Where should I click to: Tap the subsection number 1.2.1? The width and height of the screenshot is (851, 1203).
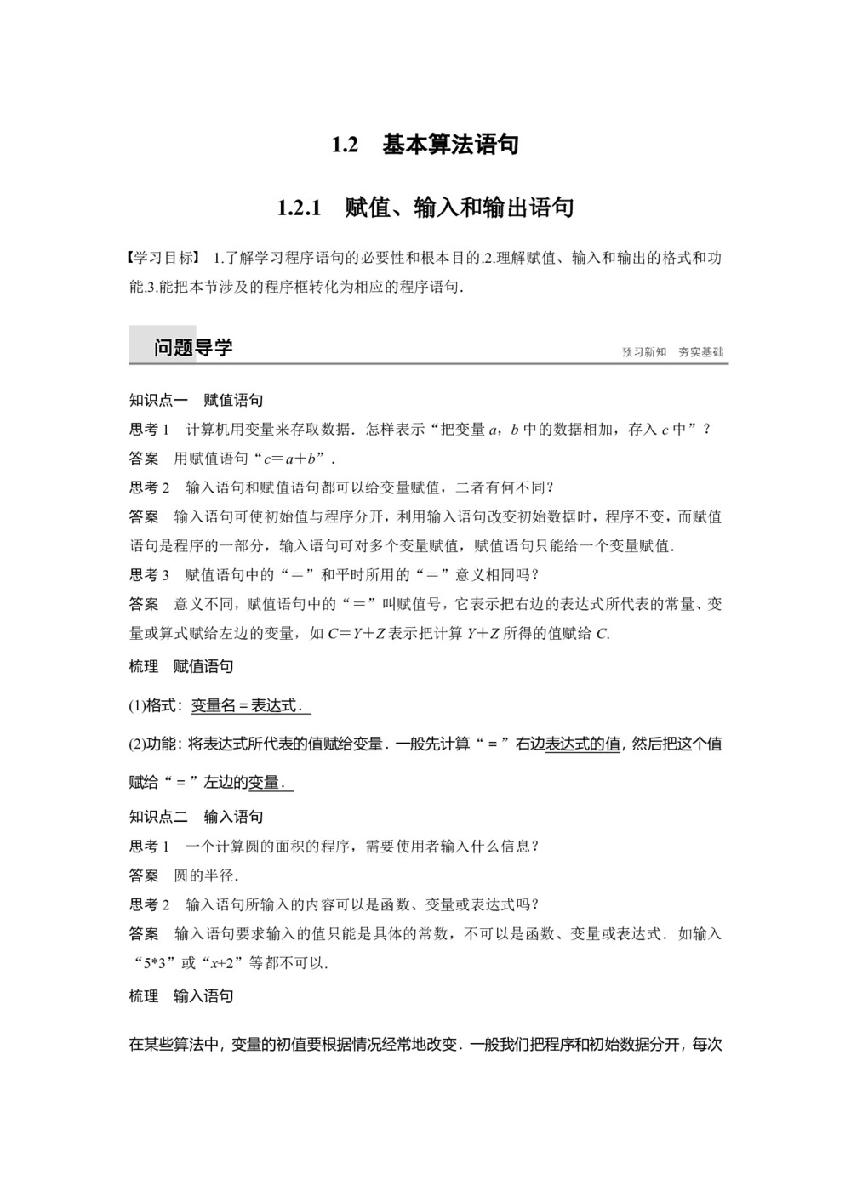pyautogui.click(x=299, y=208)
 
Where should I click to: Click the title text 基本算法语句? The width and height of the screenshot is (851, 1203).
pyautogui.click(x=450, y=145)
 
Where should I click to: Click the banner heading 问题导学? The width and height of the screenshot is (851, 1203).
pyautogui.click(x=193, y=347)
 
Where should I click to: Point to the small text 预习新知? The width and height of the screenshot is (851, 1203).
pyautogui.click(x=644, y=352)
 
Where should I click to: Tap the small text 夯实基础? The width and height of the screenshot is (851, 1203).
pyautogui.click(x=701, y=352)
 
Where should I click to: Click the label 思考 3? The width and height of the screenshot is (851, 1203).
pyautogui.click(x=150, y=575)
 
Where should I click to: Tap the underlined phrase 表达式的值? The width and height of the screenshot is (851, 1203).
pyautogui.click(x=583, y=744)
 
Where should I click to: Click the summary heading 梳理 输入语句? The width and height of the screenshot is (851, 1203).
pyautogui.click(x=181, y=995)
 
